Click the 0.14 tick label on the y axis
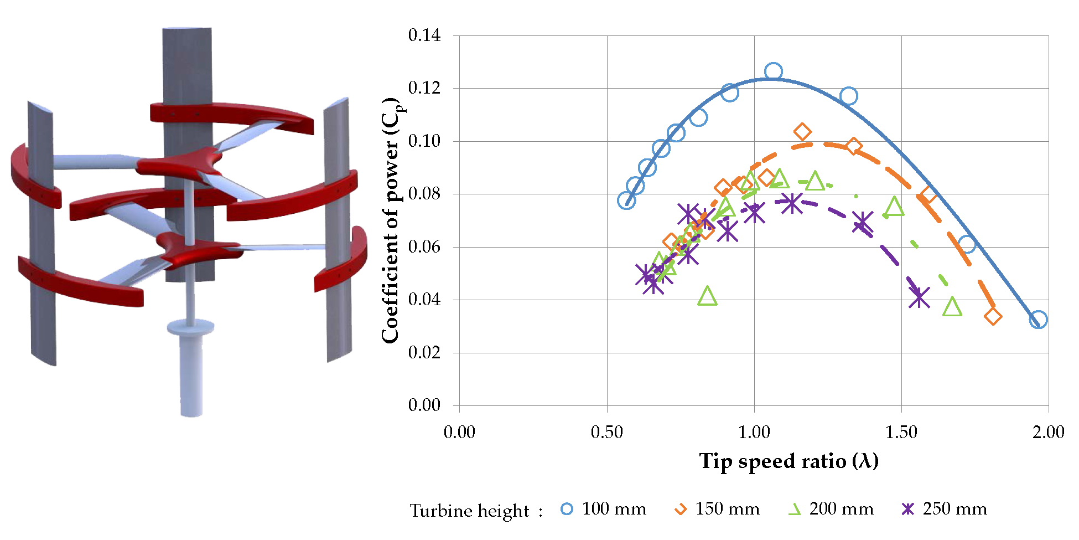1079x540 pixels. coord(424,35)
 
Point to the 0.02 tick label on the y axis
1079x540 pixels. coord(424,352)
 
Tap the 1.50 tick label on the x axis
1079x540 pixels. coord(901,432)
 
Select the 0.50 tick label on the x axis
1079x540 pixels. coord(607,432)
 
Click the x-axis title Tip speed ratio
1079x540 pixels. coord(788,461)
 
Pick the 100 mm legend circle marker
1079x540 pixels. coord(567,508)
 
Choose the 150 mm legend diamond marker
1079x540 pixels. coord(681,508)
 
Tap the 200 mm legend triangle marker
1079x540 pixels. coord(795,509)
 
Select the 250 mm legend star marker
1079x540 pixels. coord(908,508)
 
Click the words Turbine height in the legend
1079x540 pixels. coord(469,511)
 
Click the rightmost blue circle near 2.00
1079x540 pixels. coord(1038,320)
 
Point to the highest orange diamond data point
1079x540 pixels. coord(802,132)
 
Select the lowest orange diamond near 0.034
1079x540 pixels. coord(993,316)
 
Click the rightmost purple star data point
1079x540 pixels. coord(919,297)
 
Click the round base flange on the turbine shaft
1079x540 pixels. coord(190,326)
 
